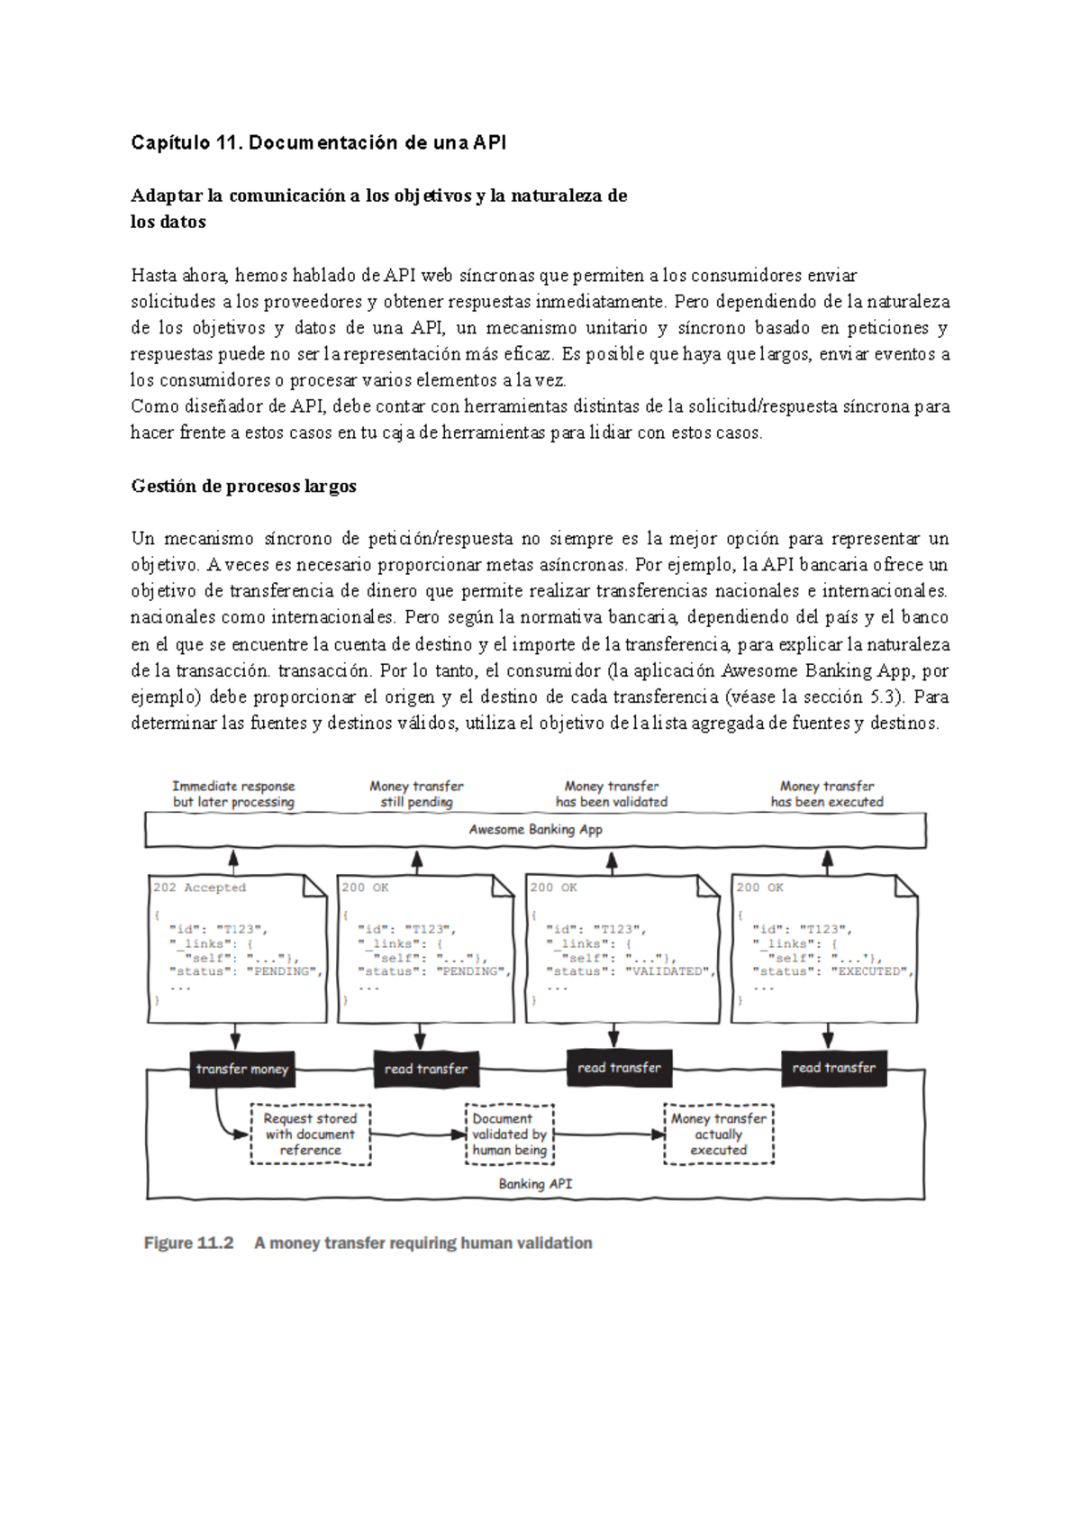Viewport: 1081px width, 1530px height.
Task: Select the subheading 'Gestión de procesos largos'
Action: tap(243, 486)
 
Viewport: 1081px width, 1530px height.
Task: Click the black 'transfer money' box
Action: tap(241, 1070)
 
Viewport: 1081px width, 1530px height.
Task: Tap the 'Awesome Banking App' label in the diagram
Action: tap(535, 830)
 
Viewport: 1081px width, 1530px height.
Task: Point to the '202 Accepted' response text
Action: tap(199, 888)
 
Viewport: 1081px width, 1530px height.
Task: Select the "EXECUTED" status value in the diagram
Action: tap(871, 972)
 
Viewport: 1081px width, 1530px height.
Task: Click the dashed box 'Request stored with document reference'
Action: tap(310, 1134)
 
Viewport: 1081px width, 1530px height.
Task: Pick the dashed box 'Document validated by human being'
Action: tap(510, 1134)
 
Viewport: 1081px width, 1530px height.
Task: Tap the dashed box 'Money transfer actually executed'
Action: tap(718, 1134)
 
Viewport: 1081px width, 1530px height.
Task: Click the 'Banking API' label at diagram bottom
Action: tap(535, 1184)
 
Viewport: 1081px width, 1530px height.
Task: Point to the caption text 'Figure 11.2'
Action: tap(188, 1243)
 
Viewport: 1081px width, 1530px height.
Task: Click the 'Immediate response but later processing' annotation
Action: tap(233, 794)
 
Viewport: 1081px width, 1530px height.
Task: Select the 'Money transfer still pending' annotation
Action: tap(416, 794)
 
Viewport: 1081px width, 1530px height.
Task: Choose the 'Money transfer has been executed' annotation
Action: tap(827, 794)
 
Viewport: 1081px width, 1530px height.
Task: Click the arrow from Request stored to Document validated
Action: tap(417, 1134)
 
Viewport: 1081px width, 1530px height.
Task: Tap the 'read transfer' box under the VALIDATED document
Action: tap(619, 1068)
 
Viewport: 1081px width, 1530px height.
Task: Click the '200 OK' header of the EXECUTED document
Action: tap(759, 888)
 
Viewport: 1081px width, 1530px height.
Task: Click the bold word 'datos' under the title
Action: tap(183, 222)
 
